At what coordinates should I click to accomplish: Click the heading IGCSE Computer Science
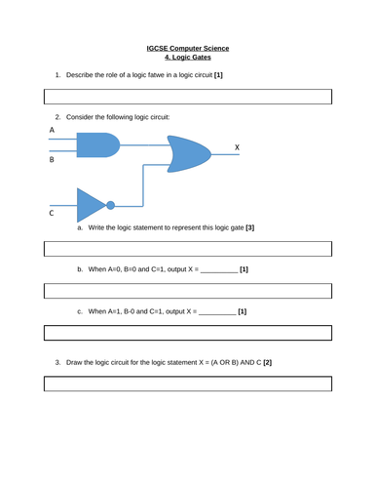(x=188, y=48)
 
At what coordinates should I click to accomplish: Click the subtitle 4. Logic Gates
(x=188, y=57)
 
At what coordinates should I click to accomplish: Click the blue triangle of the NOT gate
(x=90, y=205)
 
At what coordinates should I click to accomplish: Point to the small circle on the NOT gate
(x=110, y=205)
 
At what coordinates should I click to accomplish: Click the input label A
(x=52, y=129)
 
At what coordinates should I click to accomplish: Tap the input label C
(x=52, y=212)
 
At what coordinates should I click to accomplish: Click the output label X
(x=237, y=147)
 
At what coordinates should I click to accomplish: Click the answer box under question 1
(x=188, y=97)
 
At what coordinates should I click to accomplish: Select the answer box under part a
(x=188, y=250)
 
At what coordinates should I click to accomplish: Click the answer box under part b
(x=188, y=291)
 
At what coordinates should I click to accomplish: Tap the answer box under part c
(x=188, y=333)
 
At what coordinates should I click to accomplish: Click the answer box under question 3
(x=188, y=383)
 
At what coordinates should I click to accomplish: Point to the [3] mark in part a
(x=250, y=227)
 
